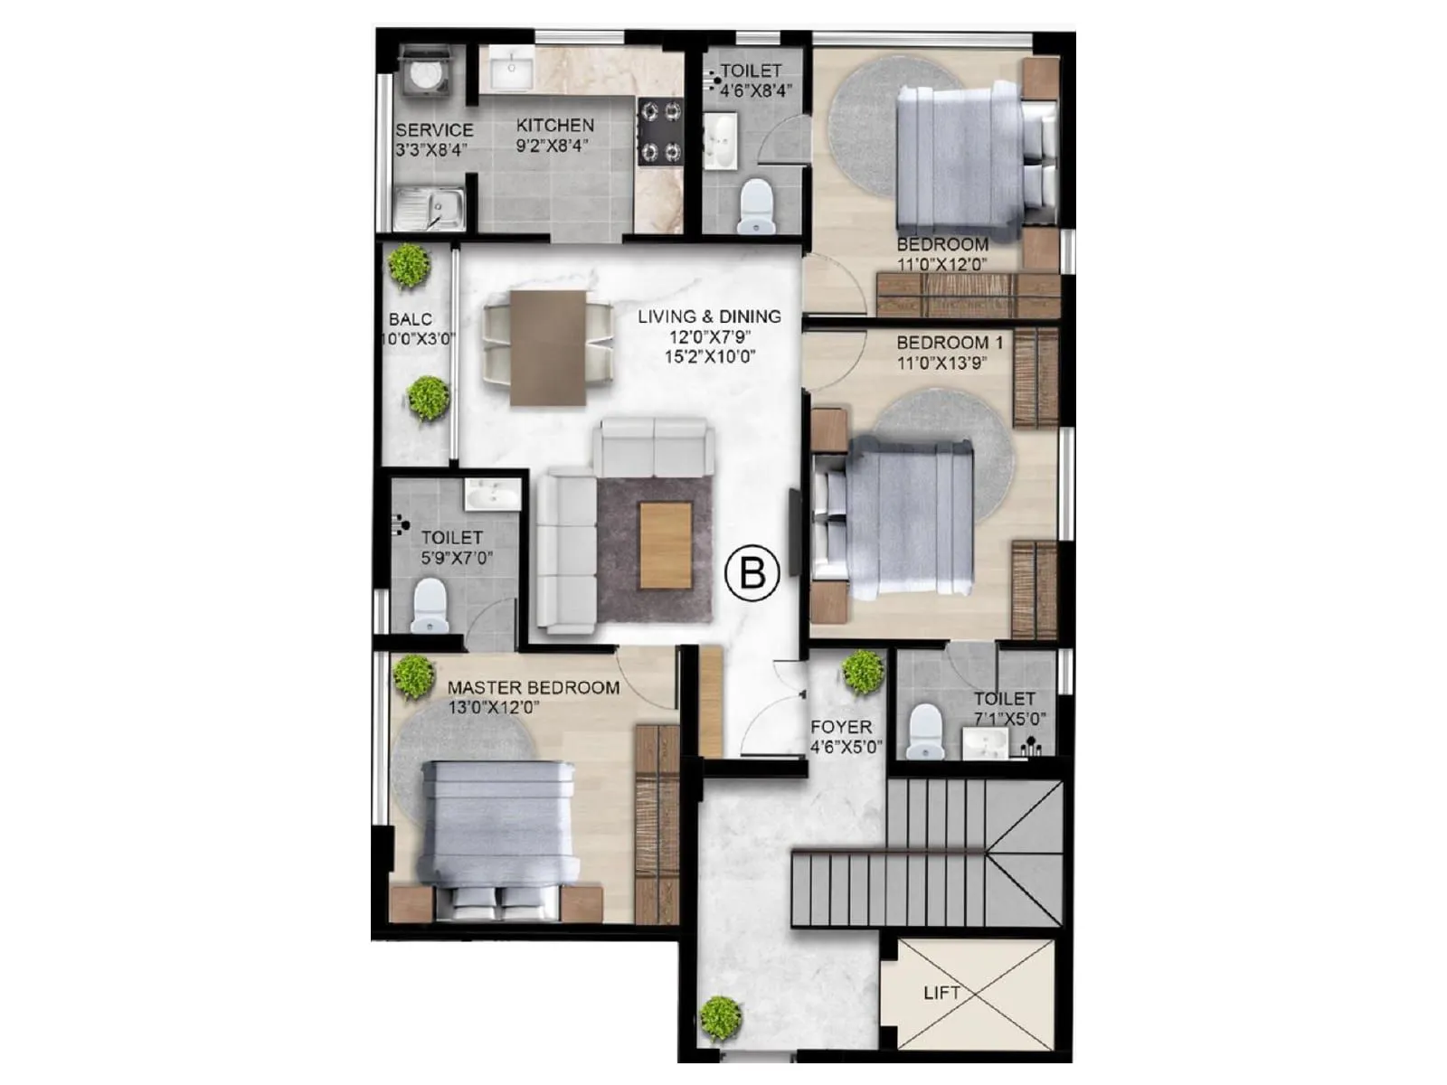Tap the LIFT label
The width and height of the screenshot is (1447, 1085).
coord(941,993)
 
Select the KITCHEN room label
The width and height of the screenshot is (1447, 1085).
coord(555,126)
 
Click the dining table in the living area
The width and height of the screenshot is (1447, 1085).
coord(547,348)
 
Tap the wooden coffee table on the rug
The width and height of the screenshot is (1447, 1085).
coord(666,545)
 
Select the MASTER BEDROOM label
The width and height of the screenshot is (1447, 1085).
coord(534,688)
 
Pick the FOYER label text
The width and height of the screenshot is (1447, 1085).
coord(841,727)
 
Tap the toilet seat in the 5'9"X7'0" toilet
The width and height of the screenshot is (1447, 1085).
coord(430,605)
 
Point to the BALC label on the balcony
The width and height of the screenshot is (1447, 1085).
coord(411,319)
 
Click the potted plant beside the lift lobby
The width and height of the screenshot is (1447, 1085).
coord(721,1018)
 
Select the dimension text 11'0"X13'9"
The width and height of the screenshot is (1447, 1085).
coord(941,363)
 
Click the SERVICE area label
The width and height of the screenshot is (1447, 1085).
coord(434,130)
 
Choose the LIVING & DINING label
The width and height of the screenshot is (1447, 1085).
coord(709,316)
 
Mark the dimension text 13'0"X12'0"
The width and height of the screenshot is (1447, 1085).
coord(493,708)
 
